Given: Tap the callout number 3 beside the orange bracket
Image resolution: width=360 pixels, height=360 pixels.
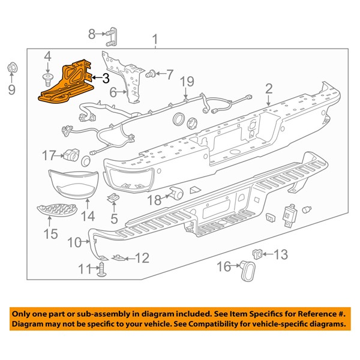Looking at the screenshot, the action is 105,77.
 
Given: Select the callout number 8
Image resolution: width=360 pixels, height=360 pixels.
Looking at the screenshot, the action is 92,34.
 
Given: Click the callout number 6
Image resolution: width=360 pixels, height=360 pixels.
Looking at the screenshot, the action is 112,92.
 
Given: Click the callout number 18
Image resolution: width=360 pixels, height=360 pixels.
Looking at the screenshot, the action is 154,199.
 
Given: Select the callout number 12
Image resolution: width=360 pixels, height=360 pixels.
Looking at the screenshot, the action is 142,259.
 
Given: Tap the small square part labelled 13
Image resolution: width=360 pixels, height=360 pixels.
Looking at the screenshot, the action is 259,253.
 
